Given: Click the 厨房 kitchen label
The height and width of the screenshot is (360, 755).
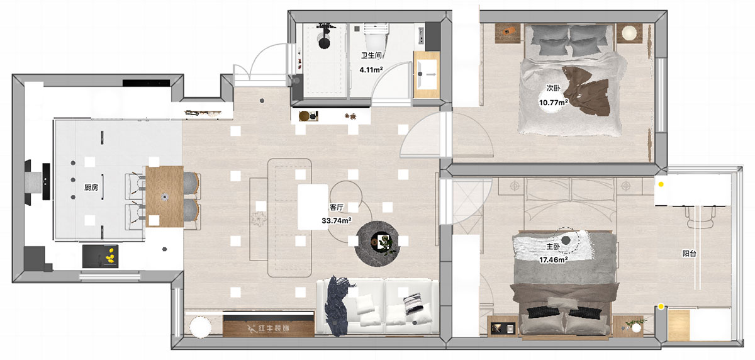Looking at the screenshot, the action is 91,188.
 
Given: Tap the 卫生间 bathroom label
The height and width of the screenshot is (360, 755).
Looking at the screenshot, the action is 371,55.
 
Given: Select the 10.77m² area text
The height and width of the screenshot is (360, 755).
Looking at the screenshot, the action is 553,103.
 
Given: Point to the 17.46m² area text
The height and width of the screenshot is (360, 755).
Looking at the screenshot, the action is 553,259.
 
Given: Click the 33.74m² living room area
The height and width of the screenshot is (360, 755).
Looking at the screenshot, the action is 337,220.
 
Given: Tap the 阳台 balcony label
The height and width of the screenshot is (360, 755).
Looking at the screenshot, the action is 689,254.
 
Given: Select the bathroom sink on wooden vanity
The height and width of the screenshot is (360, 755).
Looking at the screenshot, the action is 427,74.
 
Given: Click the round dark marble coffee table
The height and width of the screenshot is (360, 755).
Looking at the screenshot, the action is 377,244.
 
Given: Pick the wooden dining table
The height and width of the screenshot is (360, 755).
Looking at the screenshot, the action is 165,196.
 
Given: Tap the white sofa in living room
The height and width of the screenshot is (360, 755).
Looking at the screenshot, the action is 377,307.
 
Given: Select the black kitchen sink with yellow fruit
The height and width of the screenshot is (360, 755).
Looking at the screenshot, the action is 101,256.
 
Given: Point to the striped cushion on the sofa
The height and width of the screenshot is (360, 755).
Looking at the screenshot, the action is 413,303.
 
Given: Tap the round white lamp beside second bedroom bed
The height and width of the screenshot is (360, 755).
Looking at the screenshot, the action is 629,33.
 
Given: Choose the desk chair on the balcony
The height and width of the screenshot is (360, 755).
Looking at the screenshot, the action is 700,217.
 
